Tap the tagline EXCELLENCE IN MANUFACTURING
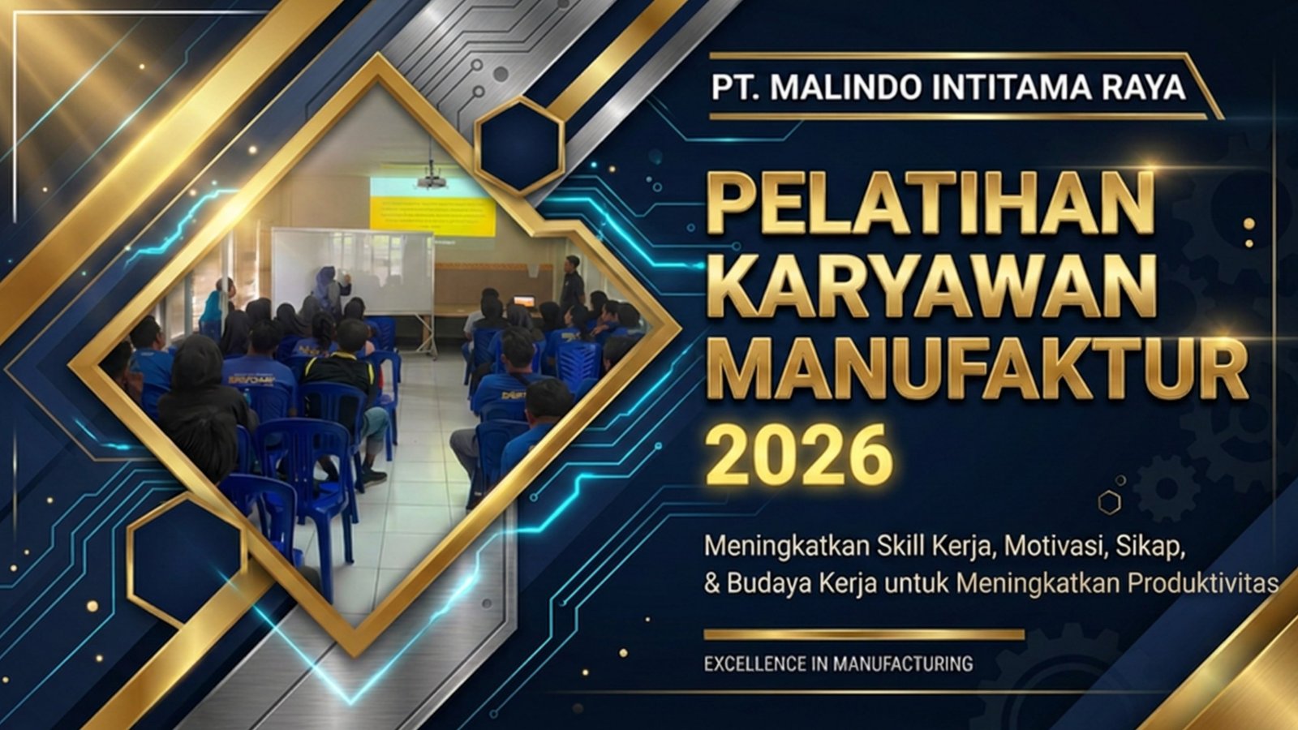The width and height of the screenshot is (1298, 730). pyautogui.click(x=839, y=663)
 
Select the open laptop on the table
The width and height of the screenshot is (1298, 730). pyautogui.click(x=524, y=301)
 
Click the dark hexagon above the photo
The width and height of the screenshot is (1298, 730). pyautogui.click(x=519, y=145)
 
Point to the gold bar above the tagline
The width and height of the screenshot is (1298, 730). pyautogui.click(x=864, y=635)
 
